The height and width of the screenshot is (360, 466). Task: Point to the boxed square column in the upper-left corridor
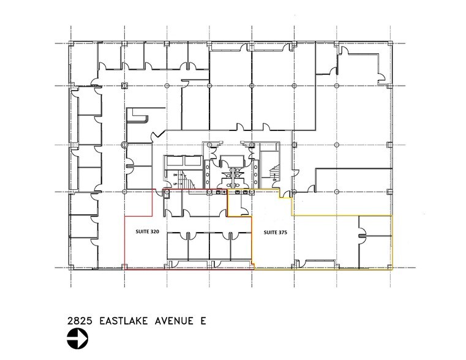coord(124,84)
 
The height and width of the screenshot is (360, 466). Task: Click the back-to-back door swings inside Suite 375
coord(363,233)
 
